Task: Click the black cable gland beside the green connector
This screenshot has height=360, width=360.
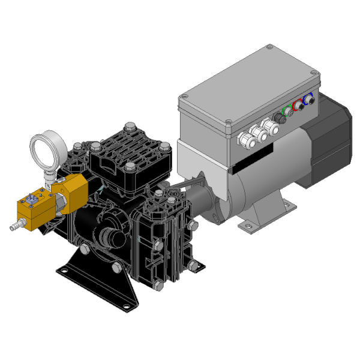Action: (278, 115)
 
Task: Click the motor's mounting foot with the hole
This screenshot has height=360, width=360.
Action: (245, 227)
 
